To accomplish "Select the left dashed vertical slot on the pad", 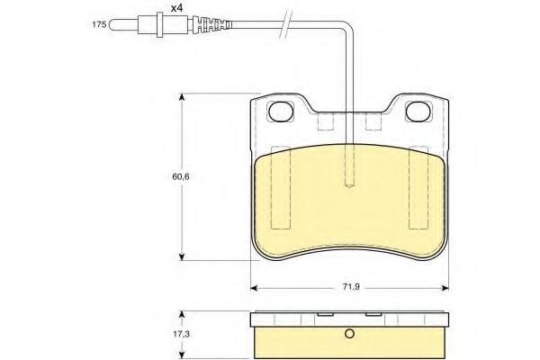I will point(281,184).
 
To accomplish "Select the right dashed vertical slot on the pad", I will point(418,184).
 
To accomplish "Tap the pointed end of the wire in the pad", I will point(349,185).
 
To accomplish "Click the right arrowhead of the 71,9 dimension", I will point(445,287).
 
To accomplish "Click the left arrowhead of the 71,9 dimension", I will point(254,287).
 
